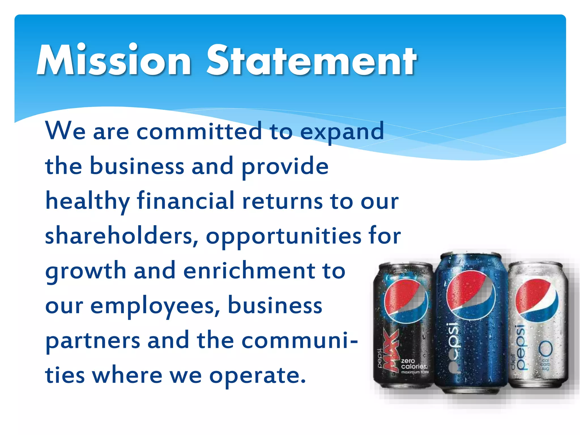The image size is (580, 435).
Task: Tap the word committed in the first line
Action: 199,131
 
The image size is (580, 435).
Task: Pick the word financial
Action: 185,201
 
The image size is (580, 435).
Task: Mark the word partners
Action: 93,341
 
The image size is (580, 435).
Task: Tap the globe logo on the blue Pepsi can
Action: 471,295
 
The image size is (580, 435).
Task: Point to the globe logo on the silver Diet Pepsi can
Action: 536,300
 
